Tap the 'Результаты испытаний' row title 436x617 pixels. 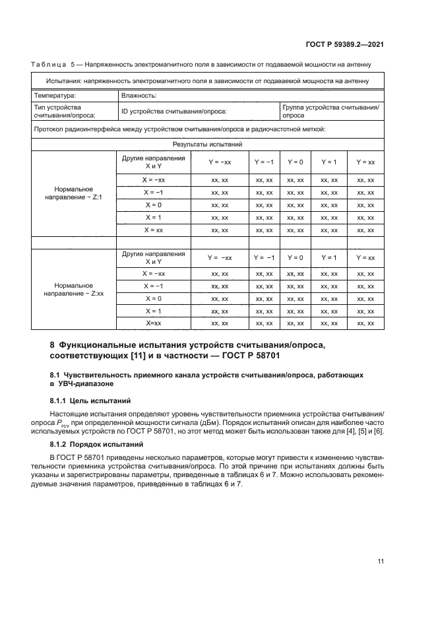208,144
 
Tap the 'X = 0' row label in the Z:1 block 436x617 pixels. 153,205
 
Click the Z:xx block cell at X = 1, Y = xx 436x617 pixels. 365,311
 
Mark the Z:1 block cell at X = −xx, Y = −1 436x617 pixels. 264,179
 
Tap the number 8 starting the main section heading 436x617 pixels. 53,344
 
